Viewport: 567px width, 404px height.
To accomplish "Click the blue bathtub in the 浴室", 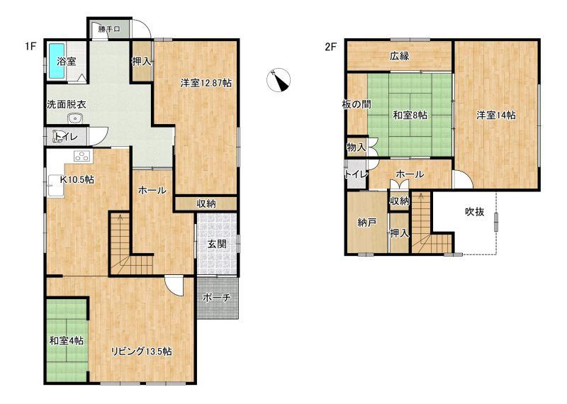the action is [57, 61].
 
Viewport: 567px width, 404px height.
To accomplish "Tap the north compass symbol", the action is [279, 79].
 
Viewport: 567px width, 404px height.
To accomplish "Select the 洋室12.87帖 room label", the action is [206, 83].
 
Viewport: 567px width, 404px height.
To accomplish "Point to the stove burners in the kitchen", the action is [83, 156].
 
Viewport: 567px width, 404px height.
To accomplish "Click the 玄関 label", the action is [217, 244].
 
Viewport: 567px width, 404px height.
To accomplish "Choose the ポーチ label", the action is [217, 298].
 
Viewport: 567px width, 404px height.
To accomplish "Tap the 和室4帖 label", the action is [67, 341].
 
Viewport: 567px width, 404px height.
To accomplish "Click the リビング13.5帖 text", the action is [141, 351].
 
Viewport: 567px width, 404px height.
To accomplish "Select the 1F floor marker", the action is [30, 47].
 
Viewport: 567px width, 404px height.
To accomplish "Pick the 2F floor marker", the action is [331, 47].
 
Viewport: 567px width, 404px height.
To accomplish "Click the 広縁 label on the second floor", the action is [400, 56].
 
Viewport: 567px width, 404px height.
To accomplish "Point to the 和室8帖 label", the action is [410, 115].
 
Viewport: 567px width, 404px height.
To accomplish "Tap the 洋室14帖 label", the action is [496, 115].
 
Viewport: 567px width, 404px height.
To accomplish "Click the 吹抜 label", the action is [474, 212].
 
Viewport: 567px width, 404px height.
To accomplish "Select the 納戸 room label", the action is [367, 223].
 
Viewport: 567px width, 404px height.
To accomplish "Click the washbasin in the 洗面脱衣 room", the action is [75, 118].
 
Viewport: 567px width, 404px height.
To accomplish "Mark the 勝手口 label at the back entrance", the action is [109, 29].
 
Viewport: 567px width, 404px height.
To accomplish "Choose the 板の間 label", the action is [357, 104].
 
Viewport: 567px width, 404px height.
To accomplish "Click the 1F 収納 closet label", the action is [206, 203].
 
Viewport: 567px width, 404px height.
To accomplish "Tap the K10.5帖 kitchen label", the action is [77, 179].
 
